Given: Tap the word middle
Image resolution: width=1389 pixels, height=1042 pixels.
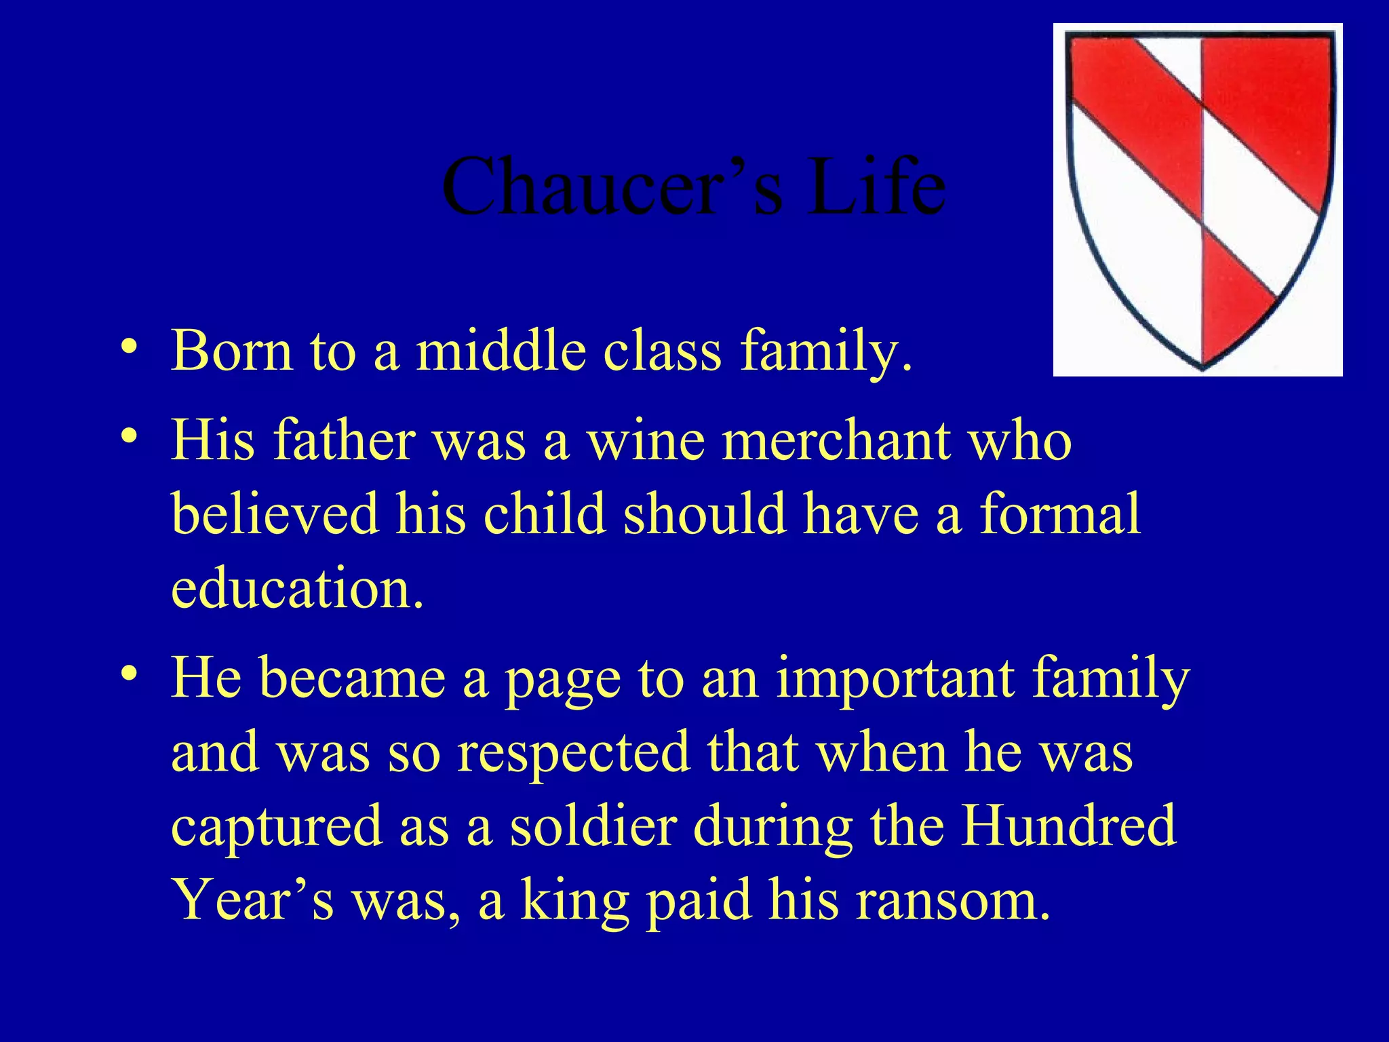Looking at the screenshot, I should (x=501, y=351).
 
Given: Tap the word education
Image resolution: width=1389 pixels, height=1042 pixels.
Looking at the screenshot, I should (x=296, y=587).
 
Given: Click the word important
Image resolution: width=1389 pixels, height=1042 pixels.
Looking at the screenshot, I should (x=895, y=678).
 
